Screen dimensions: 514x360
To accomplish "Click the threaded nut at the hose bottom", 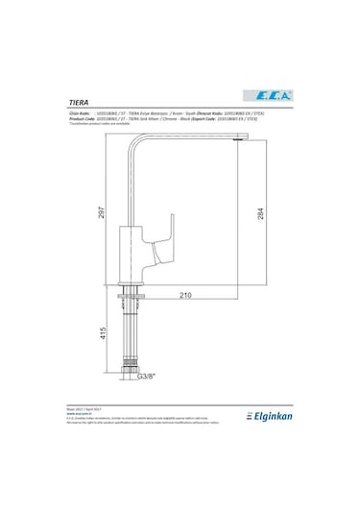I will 128,366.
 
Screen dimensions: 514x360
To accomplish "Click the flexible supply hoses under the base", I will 128,331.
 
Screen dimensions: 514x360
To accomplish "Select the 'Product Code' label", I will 83,118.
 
